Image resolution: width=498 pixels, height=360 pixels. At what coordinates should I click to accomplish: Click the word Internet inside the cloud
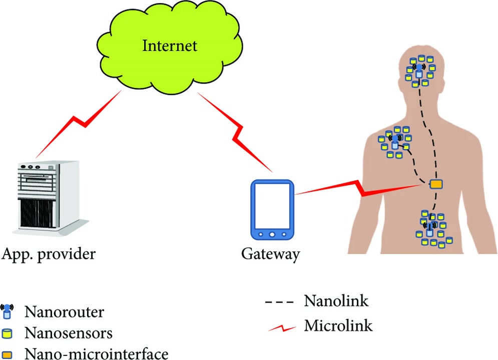[x=170, y=46]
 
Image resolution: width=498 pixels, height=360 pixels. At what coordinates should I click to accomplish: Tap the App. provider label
[x=49, y=254]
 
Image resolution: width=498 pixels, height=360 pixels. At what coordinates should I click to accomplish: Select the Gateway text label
[x=270, y=254]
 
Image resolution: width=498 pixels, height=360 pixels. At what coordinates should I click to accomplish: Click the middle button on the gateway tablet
[x=272, y=234]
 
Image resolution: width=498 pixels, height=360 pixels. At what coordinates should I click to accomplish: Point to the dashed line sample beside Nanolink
[x=280, y=302]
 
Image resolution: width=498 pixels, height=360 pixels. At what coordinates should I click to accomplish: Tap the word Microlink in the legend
[x=338, y=326]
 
